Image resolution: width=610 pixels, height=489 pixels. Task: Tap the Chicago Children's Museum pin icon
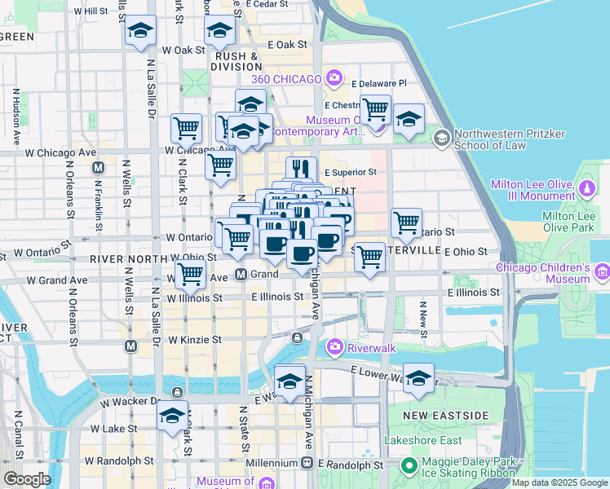[602, 270]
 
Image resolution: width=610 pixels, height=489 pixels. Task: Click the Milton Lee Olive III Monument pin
[587, 190]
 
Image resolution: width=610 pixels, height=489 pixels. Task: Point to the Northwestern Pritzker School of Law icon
[442, 138]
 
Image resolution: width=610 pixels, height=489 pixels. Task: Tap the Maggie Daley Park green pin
[409, 467]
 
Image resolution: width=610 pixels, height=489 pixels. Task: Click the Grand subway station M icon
[241, 274]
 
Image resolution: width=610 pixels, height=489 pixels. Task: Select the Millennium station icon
[307, 463]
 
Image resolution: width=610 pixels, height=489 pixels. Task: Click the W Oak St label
[183, 50]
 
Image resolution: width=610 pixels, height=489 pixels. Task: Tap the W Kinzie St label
[194, 339]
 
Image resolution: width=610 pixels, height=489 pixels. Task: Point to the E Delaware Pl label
[378, 83]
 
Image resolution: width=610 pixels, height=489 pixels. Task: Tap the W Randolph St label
[117, 460]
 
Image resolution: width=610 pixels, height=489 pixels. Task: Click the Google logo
[27, 479]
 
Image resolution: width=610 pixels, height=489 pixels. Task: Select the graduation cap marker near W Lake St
[172, 416]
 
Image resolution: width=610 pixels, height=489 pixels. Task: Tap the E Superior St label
[351, 172]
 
